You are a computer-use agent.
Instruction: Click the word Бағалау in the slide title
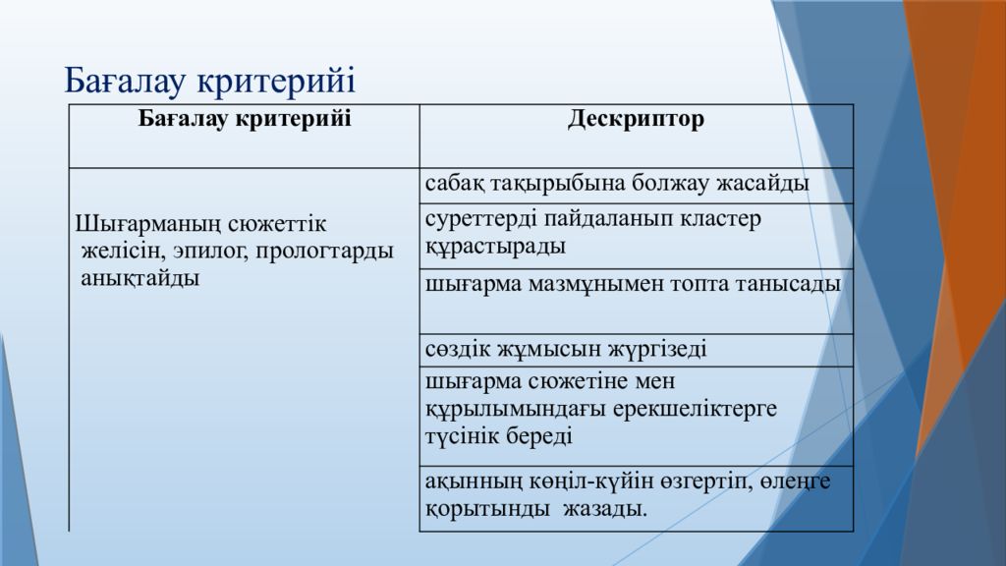pyautogui.click(x=125, y=82)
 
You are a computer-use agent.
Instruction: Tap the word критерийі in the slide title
pyautogui.click(x=276, y=82)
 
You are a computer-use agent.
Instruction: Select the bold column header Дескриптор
pyautogui.click(x=636, y=119)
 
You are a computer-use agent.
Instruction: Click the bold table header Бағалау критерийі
pyautogui.click(x=245, y=119)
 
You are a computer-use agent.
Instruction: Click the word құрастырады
pyautogui.click(x=495, y=247)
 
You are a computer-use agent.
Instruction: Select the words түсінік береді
pyautogui.click(x=498, y=436)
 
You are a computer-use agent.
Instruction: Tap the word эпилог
pyautogui.click(x=210, y=251)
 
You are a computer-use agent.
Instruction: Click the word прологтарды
pyautogui.click(x=324, y=251)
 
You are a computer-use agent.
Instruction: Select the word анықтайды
pyautogui.click(x=140, y=278)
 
